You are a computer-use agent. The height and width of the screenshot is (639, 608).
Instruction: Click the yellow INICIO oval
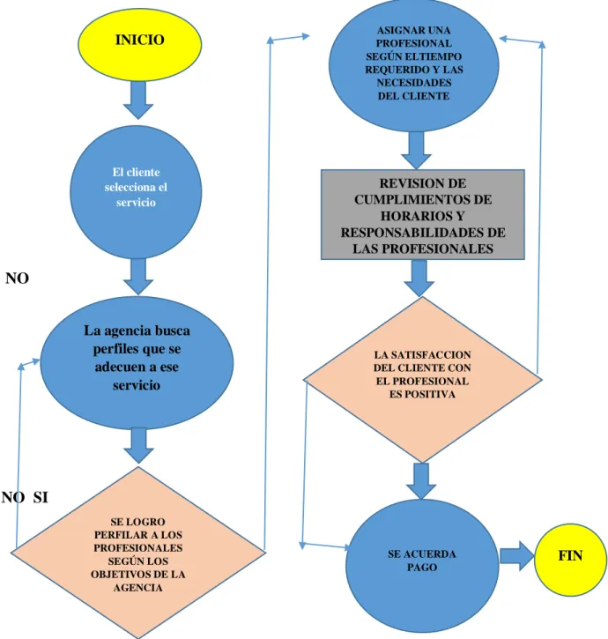point(140,45)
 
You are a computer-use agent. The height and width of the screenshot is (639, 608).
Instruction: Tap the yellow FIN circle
point(570,560)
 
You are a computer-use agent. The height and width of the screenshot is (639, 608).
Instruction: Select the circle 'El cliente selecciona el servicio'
point(136,192)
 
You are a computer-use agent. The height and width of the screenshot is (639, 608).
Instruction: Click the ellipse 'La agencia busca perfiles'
point(137,363)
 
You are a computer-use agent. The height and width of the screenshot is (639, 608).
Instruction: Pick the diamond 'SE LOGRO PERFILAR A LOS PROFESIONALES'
point(138,553)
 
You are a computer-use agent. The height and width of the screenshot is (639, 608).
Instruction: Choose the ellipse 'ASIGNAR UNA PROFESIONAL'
point(413,65)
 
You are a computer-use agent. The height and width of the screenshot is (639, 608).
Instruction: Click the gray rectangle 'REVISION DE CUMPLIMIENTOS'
point(423,215)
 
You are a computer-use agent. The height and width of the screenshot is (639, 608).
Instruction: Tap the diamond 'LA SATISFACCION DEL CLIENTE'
point(423,379)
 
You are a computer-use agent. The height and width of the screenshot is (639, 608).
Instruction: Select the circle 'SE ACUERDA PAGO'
point(422,566)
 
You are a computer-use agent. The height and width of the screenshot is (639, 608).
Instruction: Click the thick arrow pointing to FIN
point(516,556)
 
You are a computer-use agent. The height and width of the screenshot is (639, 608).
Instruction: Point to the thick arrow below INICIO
point(138,100)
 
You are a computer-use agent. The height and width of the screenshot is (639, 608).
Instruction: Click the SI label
point(41,497)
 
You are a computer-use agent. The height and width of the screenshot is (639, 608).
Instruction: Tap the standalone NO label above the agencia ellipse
point(17,279)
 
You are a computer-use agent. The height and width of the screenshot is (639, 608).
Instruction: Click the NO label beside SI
point(13,497)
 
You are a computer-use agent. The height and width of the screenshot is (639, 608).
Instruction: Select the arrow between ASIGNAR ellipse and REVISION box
point(416,150)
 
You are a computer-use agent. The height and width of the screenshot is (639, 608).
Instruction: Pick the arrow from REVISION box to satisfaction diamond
point(419,278)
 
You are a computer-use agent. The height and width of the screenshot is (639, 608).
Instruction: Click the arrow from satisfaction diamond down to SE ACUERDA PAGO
point(421,481)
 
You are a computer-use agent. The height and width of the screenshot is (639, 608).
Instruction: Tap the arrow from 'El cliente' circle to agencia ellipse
point(138,276)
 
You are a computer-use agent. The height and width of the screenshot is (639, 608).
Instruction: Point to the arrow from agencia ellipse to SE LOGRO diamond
point(138,445)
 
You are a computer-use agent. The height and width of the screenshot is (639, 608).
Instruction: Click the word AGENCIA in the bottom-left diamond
point(137,588)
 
